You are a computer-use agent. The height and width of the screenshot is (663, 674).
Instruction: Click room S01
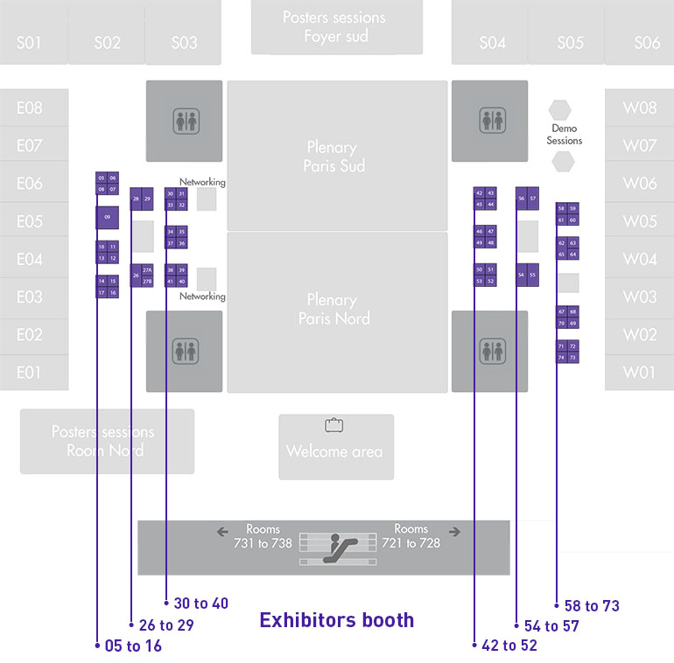coord(29,43)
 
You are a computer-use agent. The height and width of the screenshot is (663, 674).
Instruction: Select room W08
coord(639,108)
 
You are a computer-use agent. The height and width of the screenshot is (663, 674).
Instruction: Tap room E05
coord(30,221)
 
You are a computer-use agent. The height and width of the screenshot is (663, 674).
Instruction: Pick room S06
coord(647,43)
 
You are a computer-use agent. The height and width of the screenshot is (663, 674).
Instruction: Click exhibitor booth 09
coord(107,217)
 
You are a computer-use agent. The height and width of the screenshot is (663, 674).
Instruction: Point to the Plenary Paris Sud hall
coord(337,156)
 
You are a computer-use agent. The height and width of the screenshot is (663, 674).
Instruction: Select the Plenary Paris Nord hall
coord(337,308)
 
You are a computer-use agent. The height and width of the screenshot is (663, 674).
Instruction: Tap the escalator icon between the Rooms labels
coord(337,548)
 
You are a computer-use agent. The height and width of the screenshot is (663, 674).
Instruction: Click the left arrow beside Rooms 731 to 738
coord(222,531)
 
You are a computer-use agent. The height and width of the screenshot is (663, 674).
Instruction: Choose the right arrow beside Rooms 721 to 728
coord(454,531)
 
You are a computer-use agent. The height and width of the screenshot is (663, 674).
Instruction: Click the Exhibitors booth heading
coord(337,620)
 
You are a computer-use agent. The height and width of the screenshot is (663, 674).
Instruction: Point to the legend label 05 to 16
coord(133,646)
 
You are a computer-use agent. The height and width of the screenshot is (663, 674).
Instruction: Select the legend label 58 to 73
coord(593,605)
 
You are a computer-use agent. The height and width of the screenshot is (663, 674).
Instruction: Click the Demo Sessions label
coord(564,135)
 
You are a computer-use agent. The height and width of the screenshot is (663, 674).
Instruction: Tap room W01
coord(639,373)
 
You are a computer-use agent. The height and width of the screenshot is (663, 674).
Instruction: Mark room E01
coord(30,373)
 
